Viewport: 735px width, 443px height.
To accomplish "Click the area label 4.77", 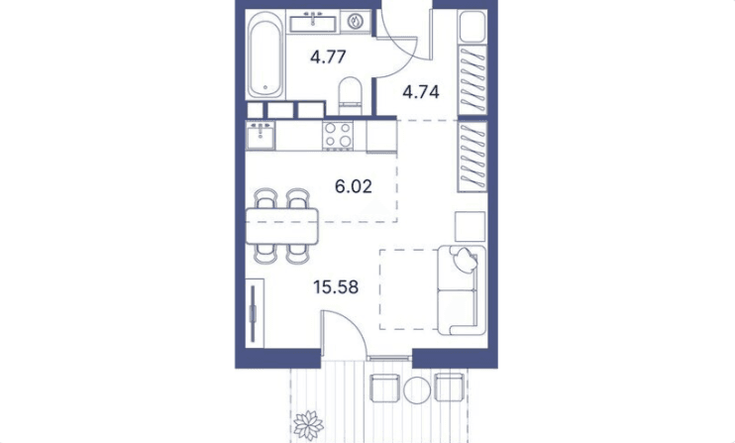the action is [328, 57].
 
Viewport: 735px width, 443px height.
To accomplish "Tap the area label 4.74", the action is [421, 92].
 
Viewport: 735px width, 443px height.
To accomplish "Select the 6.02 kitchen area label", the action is [354, 186].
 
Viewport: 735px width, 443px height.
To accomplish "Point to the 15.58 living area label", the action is [336, 286].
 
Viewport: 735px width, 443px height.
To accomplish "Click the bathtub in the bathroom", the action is [265, 55].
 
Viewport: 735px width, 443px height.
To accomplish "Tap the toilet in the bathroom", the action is [350, 95].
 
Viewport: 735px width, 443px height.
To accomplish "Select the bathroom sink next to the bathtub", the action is [313, 23].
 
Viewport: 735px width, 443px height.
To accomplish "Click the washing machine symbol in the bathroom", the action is [356, 22].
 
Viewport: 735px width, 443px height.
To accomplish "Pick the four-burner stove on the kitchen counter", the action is [338, 135].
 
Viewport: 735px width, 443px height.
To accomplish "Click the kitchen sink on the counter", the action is [261, 136].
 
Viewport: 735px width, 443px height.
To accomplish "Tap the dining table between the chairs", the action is [282, 226].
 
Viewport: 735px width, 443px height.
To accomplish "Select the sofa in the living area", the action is [462, 290].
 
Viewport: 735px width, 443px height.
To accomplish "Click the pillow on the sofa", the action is [464, 260].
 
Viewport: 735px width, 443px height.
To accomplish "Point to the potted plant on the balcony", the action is [308, 425].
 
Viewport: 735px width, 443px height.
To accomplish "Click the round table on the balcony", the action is [417, 389].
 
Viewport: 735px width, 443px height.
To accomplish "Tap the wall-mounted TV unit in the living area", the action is [255, 313].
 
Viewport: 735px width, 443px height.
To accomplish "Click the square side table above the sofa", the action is [471, 226].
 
